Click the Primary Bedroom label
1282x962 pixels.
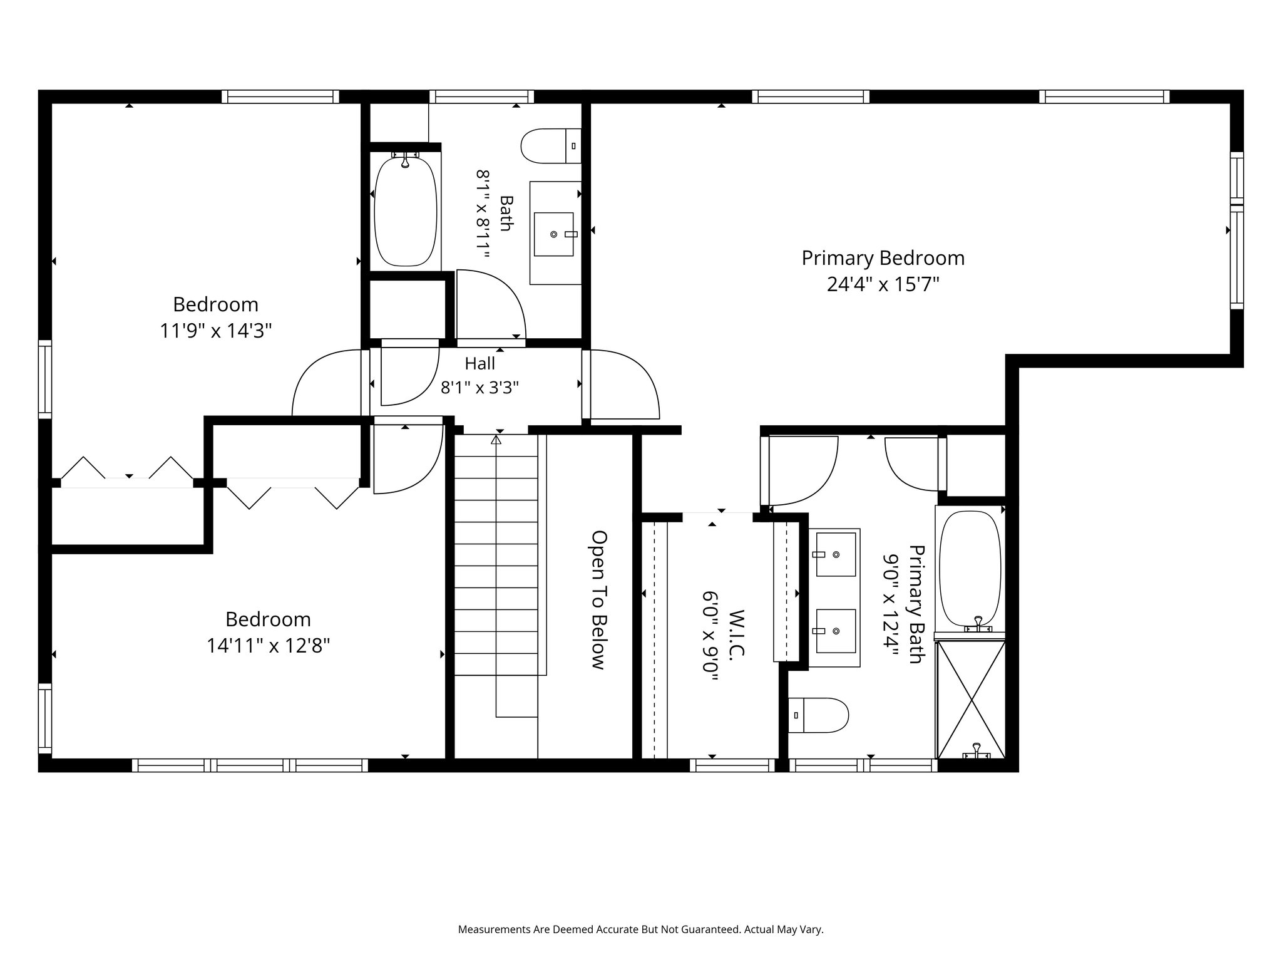883,258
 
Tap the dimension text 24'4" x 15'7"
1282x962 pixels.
883,285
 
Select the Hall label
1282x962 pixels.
480,363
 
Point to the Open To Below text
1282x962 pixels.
599,599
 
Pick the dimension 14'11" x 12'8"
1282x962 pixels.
269,646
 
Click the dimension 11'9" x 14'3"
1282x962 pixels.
216,331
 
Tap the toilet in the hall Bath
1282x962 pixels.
551,146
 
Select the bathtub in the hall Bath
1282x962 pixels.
405,210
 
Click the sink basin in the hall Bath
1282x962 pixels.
553,234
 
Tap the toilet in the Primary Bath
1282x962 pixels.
818,715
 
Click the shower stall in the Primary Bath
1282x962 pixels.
970,700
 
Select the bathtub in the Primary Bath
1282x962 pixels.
970,569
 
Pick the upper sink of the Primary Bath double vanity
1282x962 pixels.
836,554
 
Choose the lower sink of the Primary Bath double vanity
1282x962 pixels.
836,631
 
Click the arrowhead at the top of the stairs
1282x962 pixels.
496,440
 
